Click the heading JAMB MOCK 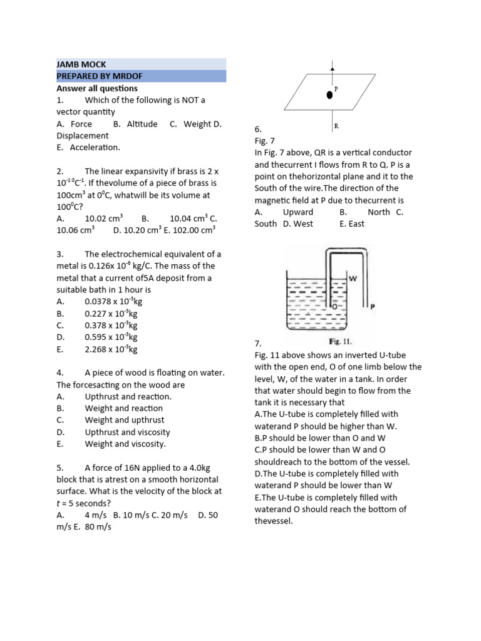pyautogui.click(x=81, y=64)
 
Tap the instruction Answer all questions pyautogui.click(x=97, y=88)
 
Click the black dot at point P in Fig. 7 pyautogui.click(x=329, y=95)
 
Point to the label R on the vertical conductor pyautogui.click(x=336, y=126)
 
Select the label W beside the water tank pyautogui.click(x=353, y=279)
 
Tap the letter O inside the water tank pyautogui.click(x=335, y=307)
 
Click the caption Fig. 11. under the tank pyautogui.click(x=342, y=342)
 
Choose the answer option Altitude pyautogui.click(x=142, y=124)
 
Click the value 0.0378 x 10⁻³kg pyautogui.click(x=113, y=302)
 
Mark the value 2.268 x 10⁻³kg pyautogui.click(x=111, y=349)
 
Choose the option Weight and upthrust pyautogui.click(x=125, y=420)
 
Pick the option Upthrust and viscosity pyautogui.click(x=127, y=432)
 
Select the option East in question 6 pyautogui.click(x=356, y=224)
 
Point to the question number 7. pyautogui.click(x=257, y=344)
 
